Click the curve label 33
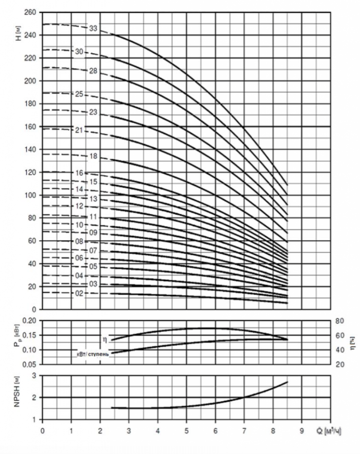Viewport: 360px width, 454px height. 93,29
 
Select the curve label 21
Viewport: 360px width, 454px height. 79,130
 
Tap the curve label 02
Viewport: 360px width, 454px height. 79,293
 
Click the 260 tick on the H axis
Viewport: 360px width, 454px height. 30,12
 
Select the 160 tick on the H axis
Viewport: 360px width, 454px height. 30,126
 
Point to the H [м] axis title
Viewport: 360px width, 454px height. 18,33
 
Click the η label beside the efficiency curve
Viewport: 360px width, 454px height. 105,338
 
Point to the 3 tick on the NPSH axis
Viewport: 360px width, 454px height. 34,376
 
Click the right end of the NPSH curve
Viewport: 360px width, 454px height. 288,382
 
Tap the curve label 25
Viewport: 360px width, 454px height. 79,94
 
